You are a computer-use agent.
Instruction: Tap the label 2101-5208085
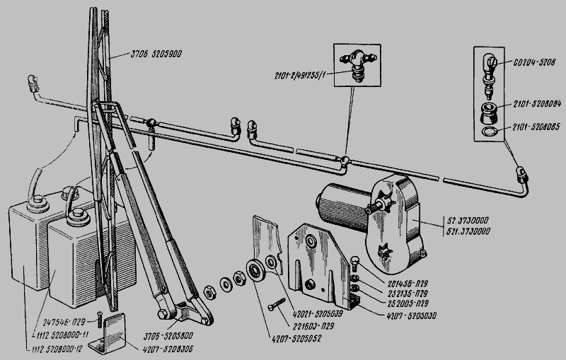click(529, 129)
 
